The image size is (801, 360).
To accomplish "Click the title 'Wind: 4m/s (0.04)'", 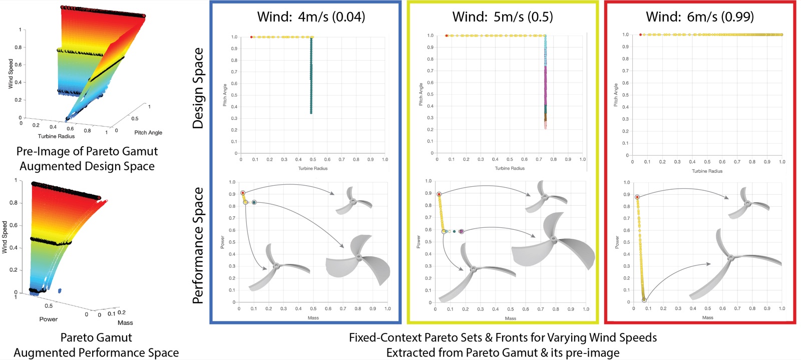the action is click(x=311, y=17).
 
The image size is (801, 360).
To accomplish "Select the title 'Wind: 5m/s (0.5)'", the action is click(x=503, y=17).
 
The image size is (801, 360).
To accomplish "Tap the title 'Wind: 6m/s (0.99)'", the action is click(x=700, y=17).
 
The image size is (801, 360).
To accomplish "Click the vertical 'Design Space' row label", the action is click(x=198, y=88).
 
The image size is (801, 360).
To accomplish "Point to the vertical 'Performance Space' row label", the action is click(x=198, y=246).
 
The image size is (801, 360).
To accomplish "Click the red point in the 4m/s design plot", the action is click(x=251, y=37).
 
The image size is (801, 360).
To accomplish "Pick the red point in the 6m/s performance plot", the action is click(x=637, y=197).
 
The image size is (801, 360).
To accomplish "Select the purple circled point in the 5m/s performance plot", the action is click(x=461, y=232).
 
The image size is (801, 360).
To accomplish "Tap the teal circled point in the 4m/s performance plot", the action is click(x=254, y=202).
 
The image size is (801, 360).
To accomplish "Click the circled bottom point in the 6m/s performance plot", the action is click(x=644, y=300).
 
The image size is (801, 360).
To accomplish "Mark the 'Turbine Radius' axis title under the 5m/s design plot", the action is click(x=510, y=168).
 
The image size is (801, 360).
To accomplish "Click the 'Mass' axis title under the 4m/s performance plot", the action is click(x=313, y=318).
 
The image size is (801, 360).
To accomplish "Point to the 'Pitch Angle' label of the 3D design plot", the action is click(x=148, y=133).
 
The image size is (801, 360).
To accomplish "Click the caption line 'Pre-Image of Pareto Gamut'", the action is click(x=87, y=151).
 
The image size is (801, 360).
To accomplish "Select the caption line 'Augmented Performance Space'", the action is click(x=96, y=352).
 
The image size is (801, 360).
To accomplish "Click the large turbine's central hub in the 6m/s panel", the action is click(x=731, y=257).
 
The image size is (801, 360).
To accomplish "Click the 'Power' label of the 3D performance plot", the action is click(x=48, y=319).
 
